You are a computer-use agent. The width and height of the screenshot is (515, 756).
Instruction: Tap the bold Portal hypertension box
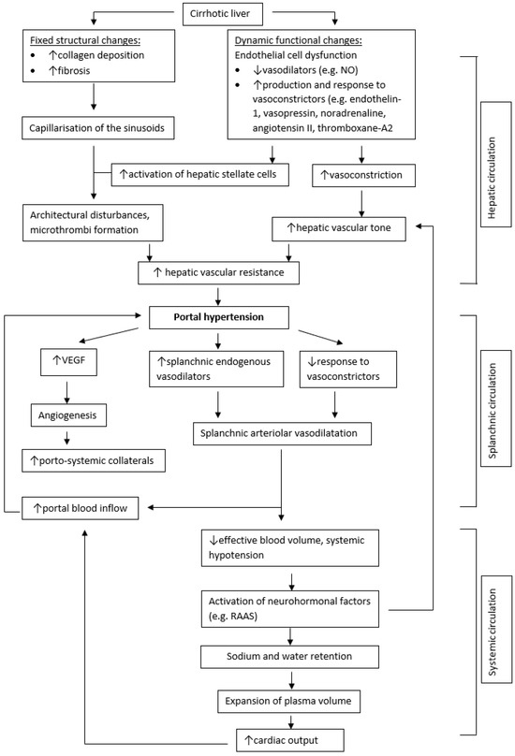tap(217, 317)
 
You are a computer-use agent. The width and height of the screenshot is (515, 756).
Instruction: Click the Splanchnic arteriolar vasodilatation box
tap(282, 434)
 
